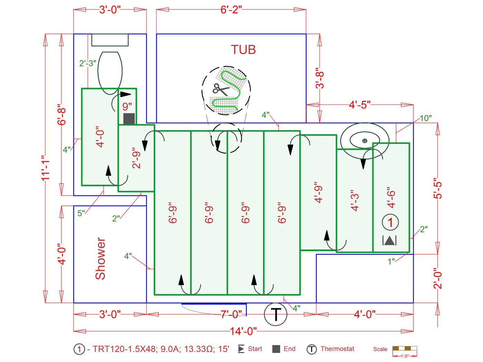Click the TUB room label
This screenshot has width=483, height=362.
[x=243, y=50]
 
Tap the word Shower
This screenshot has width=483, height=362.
[x=100, y=258]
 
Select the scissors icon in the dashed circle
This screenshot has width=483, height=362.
[x=220, y=89]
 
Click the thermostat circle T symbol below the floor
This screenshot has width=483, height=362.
[x=275, y=314]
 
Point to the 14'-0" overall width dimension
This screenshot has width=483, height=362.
[x=243, y=331]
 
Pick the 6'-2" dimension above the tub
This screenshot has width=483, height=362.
[x=231, y=10]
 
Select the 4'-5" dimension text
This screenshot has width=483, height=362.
[x=359, y=105]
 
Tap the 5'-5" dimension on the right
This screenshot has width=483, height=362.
[x=437, y=188]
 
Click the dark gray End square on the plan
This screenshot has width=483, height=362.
[x=129, y=118]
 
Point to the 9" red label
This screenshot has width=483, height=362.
[x=127, y=106]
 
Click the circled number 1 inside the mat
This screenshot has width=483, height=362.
[x=390, y=222]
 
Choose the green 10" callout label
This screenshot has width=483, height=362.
[x=425, y=118]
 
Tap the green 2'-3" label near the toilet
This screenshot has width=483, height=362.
[x=88, y=63]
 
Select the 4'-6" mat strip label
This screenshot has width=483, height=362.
[x=391, y=198]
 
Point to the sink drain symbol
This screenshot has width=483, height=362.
[x=365, y=140]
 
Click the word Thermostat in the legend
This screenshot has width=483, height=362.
[x=337, y=349]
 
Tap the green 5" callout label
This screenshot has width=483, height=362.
[x=81, y=213]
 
